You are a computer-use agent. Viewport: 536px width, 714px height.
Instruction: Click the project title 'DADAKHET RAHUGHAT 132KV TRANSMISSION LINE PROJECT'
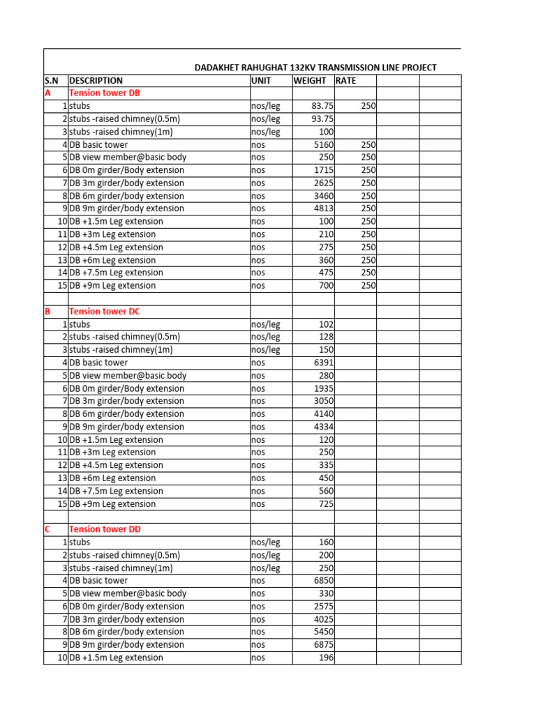315,68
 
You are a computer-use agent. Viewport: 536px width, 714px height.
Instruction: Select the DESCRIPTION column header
96,80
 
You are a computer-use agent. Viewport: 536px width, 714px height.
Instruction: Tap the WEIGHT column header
309,80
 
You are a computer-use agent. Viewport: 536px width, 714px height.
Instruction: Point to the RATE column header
345,80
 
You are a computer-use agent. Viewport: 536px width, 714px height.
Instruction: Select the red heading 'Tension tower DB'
105,93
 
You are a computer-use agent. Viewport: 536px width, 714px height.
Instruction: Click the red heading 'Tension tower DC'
105,312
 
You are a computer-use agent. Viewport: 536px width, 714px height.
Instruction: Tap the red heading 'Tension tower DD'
105,529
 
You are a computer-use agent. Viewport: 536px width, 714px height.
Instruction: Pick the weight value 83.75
323,106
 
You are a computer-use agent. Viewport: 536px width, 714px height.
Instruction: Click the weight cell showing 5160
325,144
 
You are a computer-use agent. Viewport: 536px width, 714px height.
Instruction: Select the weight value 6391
325,363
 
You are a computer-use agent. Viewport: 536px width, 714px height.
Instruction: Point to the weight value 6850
325,580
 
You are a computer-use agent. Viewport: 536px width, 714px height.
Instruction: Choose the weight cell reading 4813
325,208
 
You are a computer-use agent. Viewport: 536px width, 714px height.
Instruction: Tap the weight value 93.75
323,119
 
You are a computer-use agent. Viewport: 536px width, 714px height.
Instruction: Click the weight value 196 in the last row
327,658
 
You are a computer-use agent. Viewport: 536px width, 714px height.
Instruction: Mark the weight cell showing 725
327,504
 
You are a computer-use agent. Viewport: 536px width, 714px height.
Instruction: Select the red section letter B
47,312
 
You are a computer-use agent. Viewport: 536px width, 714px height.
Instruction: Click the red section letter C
47,529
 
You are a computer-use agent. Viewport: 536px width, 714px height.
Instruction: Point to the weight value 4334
325,427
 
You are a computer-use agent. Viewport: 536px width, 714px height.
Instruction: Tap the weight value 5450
325,632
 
